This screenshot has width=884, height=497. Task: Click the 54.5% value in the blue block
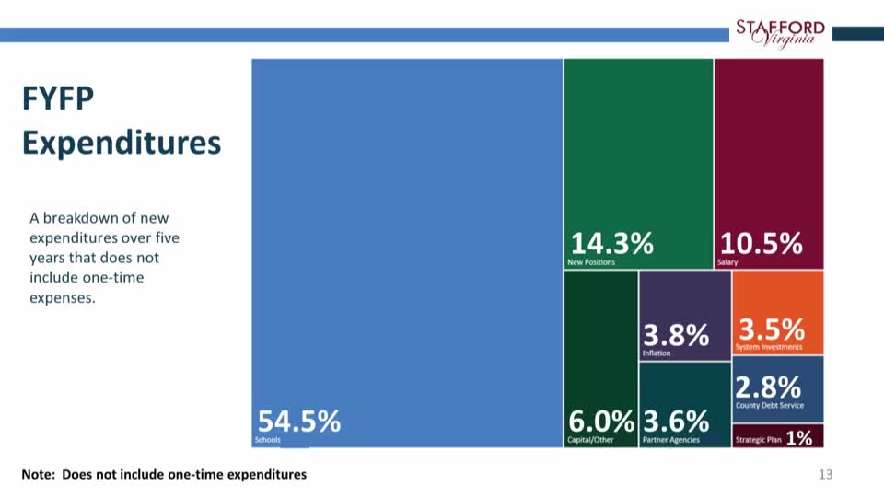coord(299,422)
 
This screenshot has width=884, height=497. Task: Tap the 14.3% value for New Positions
coord(612,244)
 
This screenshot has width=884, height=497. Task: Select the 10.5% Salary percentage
coord(761,244)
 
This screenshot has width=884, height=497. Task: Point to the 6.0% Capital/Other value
coord(601,422)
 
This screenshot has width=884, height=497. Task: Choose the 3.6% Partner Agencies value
coord(676,422)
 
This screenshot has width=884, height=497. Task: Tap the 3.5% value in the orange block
coord(772,329)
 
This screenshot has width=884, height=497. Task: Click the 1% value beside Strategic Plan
coord(799,439)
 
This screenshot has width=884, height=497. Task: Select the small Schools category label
coord(267,441)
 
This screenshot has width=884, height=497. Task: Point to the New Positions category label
coord(591,262)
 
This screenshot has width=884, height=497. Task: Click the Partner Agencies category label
coord(671,440)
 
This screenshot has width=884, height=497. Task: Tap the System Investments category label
coord(769,347)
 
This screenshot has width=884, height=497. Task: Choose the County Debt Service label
coord(770,405)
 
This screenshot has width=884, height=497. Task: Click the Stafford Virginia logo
coord(780,33)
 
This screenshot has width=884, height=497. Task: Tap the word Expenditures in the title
coord(122,143)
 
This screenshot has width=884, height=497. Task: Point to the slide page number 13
coord(825,474)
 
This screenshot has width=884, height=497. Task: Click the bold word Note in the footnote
coord(39,474)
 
